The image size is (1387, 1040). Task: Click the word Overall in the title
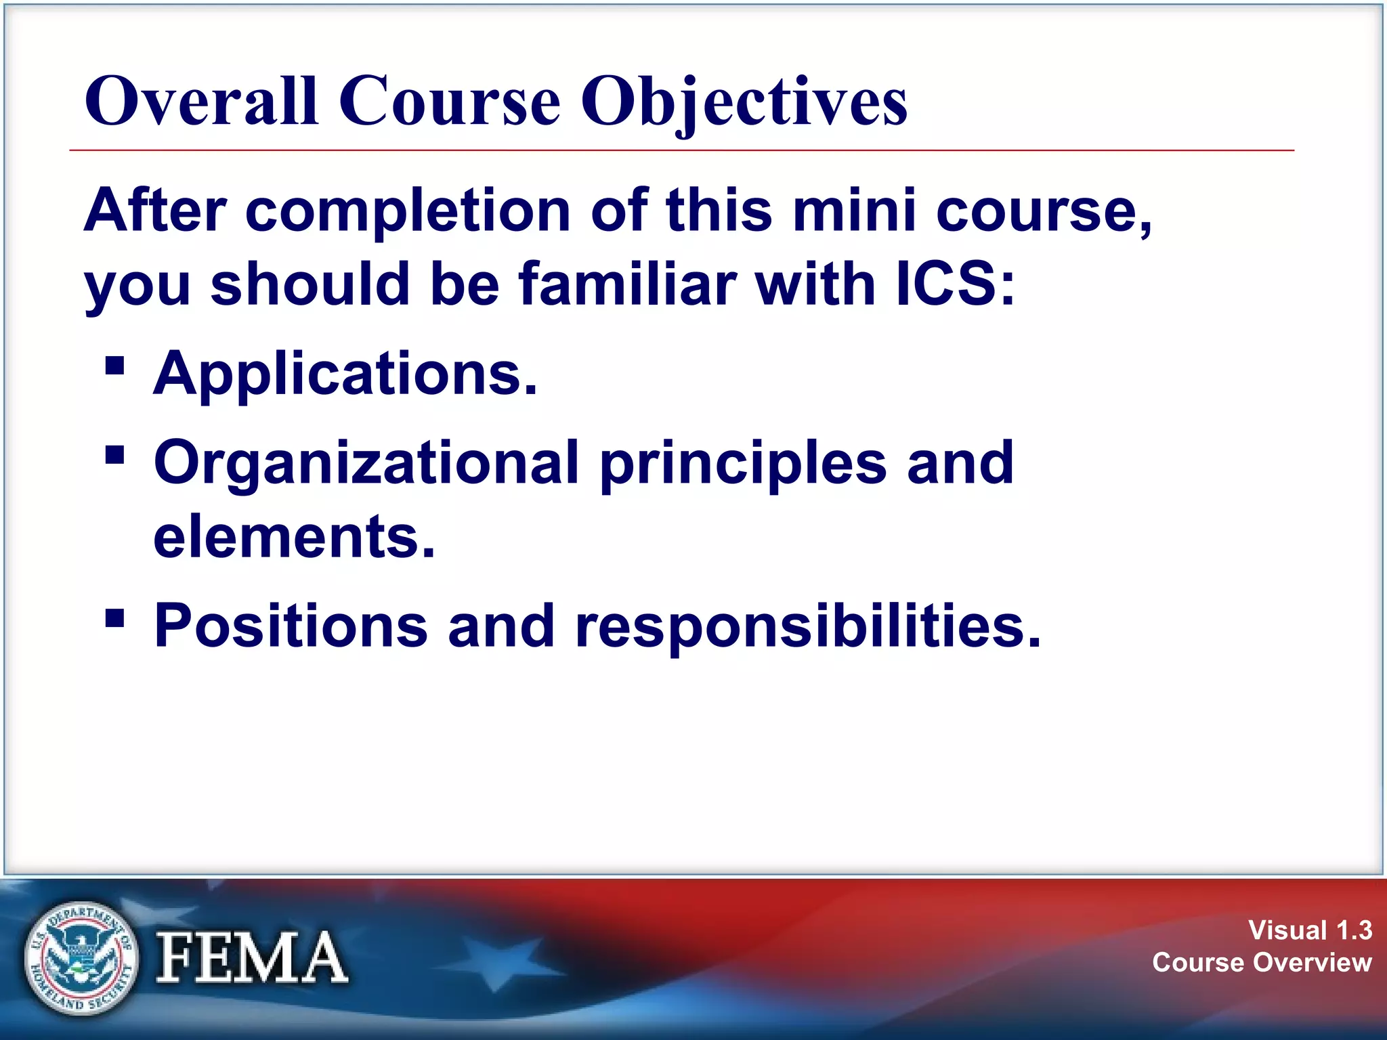tap(201, 102)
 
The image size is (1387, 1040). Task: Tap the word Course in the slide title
tap(449, 102)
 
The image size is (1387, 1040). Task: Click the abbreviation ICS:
tap(956, 284)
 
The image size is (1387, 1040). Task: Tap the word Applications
tap(345, 374)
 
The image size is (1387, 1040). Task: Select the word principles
tap(743, 464)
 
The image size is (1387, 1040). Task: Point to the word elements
tap(294, 537)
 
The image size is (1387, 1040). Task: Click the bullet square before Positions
tap(115, 618)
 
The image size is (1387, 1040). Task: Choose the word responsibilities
tap(807, 626)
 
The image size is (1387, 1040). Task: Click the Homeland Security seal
tap(81, 958)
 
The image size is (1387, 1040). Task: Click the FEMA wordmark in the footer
tap(251, 957)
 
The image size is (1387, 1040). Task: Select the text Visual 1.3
tap(1310, 930)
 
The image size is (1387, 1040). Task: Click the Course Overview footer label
tap(1262, 962)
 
